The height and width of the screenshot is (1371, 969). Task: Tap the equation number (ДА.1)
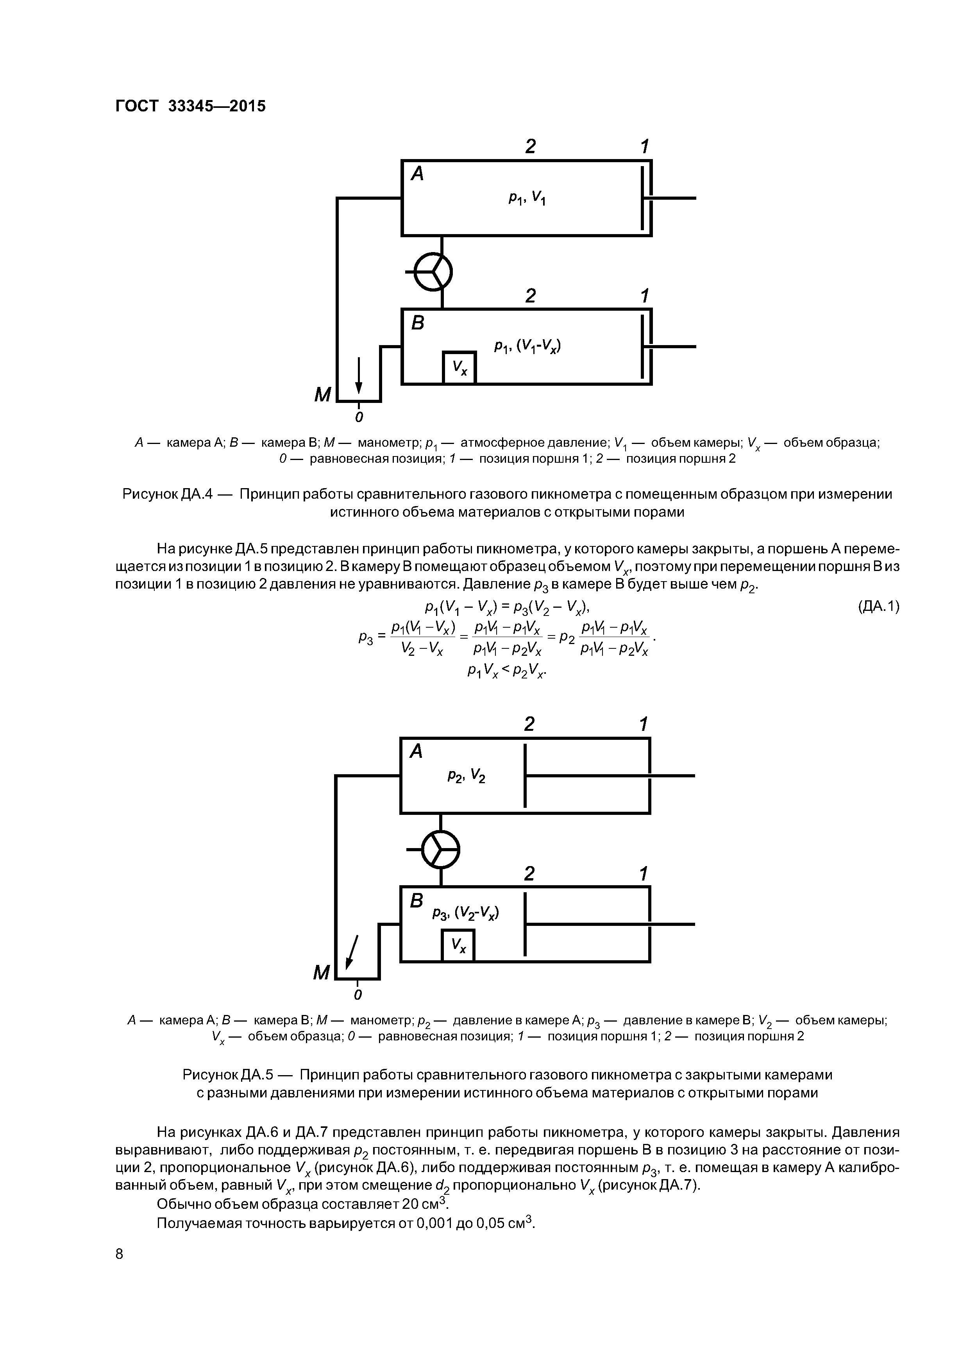878,607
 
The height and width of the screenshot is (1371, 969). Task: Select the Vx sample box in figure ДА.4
459,368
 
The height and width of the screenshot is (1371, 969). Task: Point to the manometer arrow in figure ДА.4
359,375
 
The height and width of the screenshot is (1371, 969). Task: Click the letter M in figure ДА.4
322,395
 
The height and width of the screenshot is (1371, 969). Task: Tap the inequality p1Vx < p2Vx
507,671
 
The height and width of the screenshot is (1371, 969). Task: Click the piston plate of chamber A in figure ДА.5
525,775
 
